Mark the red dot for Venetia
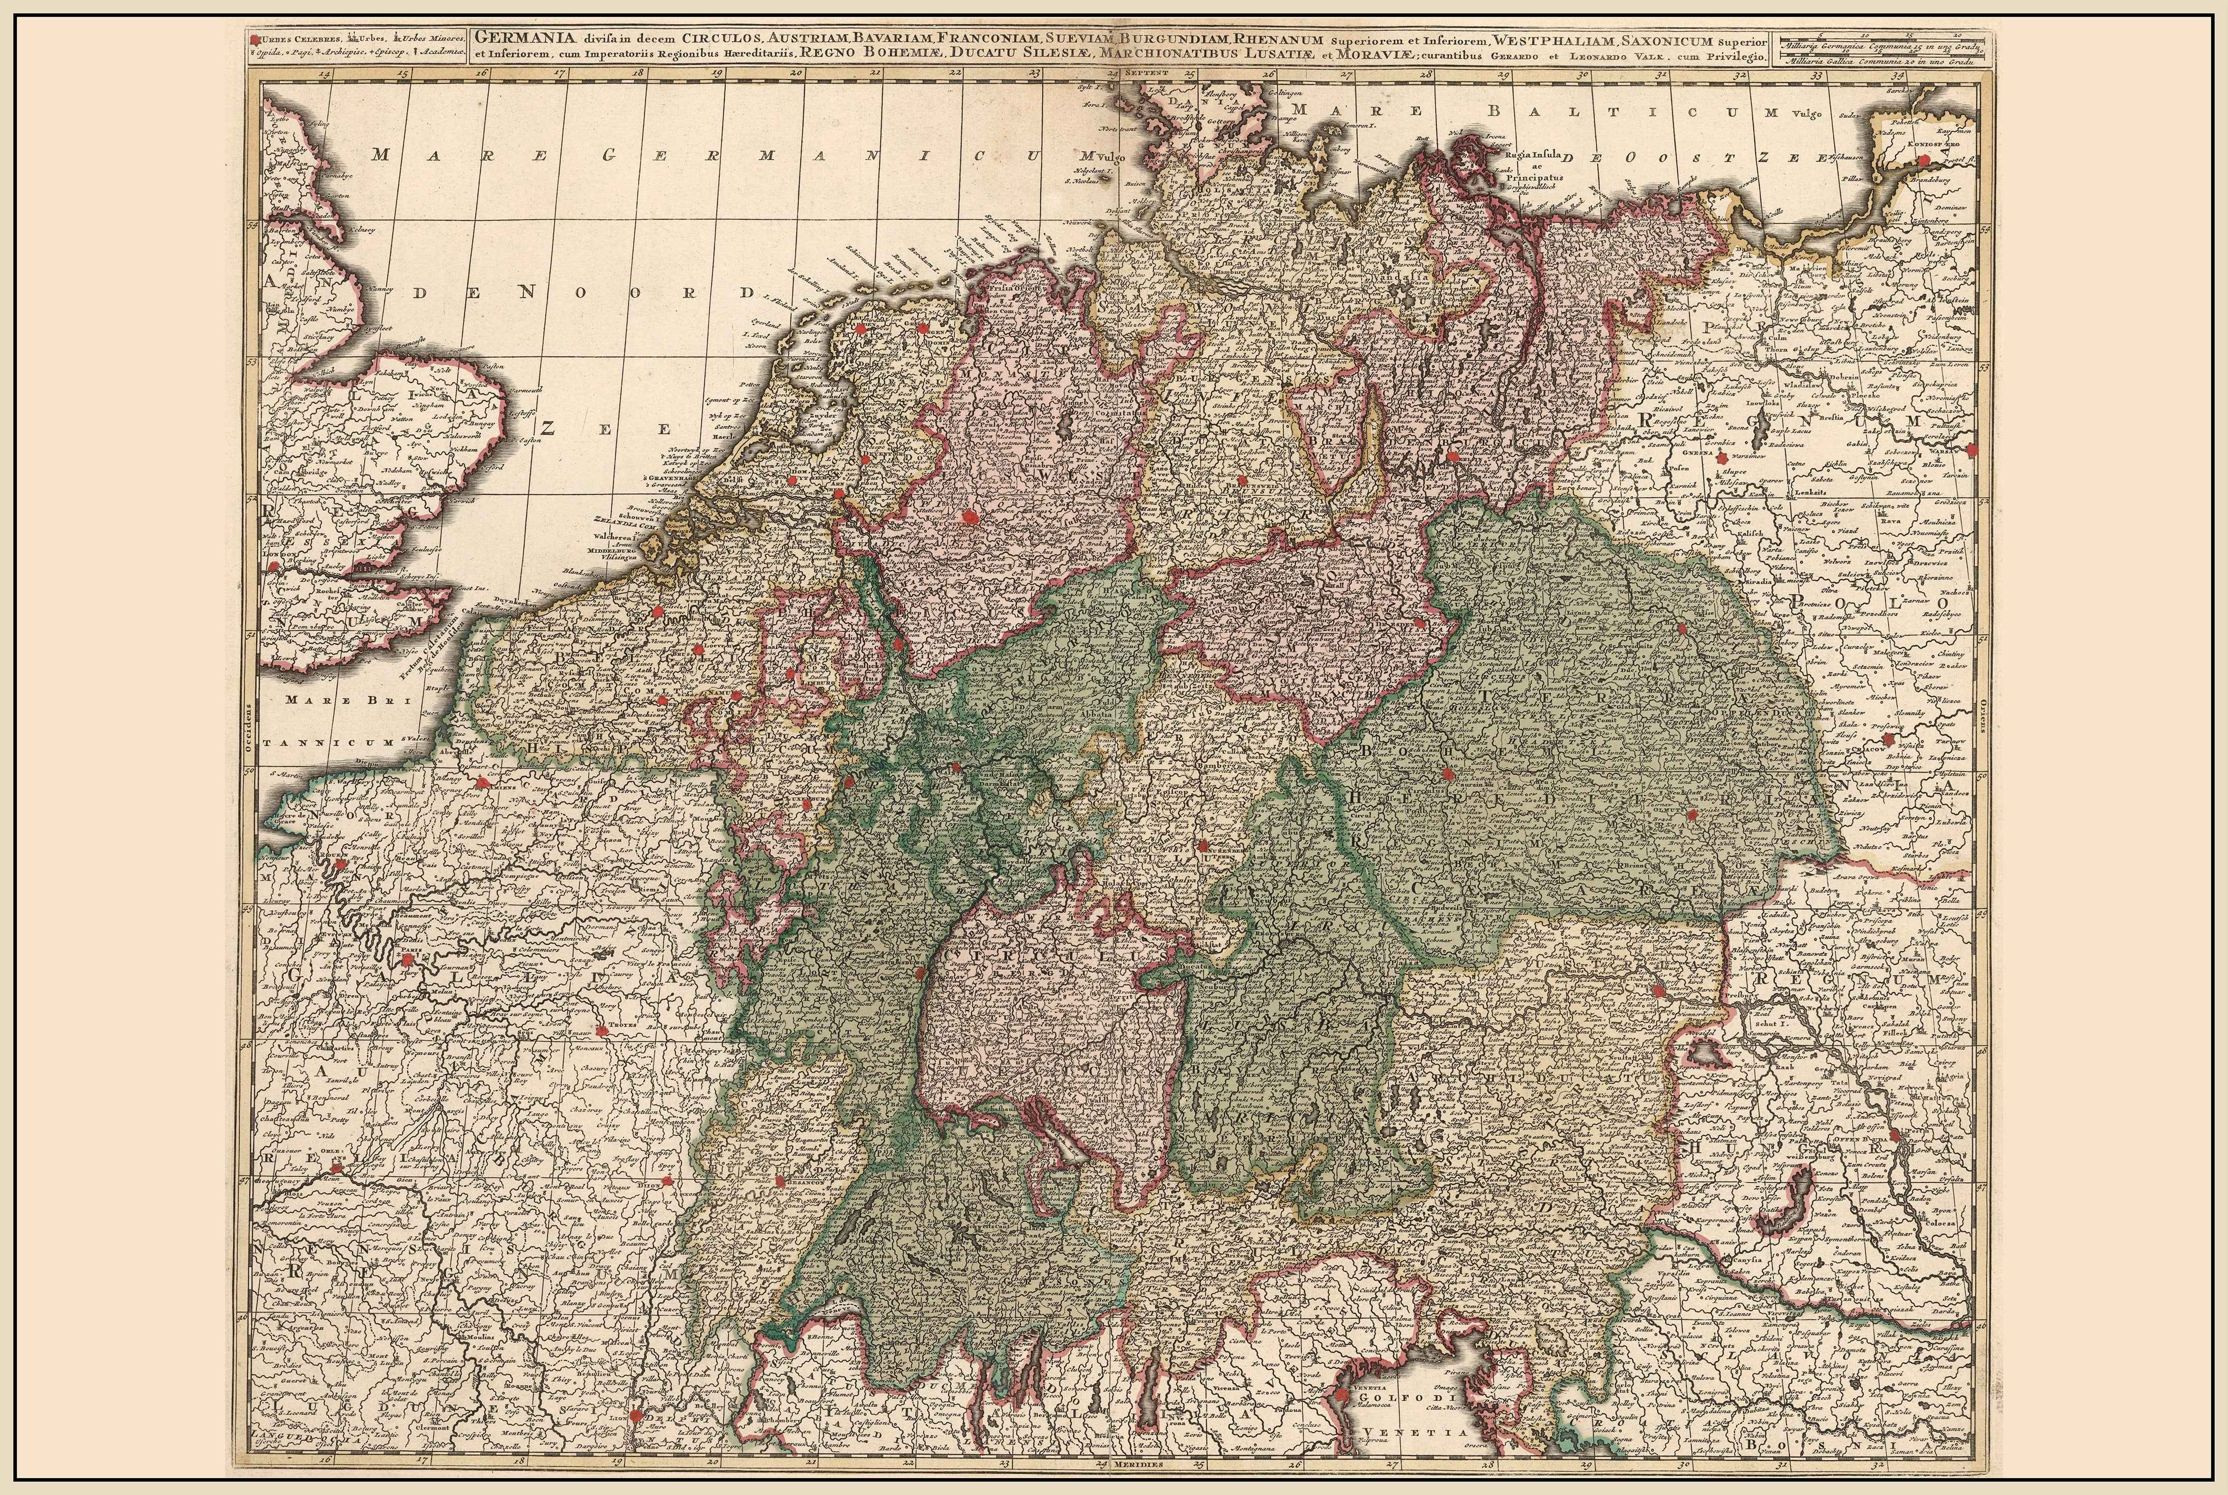click(1343, 1397)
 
